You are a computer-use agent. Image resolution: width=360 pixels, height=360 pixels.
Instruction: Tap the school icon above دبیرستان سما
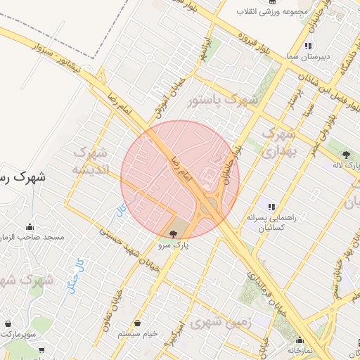pyautogui.click(x=307, y=46)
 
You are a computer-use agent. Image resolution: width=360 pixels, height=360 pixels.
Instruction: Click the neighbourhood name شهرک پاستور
pyautogui.click(x=224, y=100)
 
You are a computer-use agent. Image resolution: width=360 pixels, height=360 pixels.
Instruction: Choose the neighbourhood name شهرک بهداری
pyautogui.click(x=280, y=141)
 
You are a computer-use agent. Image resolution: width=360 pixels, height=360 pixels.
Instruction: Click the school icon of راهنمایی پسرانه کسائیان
pyautogui.click(x=271, y=207)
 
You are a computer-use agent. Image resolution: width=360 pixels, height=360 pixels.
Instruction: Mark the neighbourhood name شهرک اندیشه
pyautogui.click(x=89, y=161)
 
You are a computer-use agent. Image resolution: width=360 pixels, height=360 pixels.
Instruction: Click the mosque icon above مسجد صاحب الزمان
pyautogui.click(x=30, y=226)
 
